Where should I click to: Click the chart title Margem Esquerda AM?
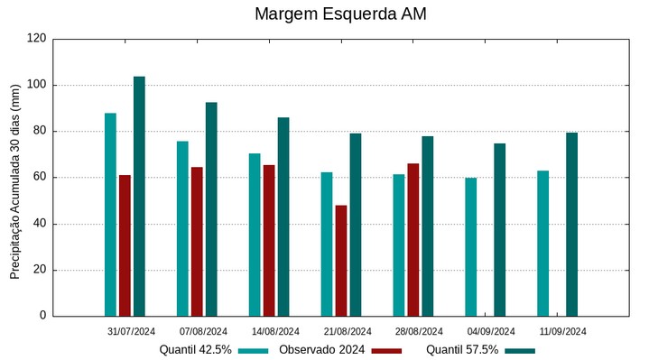340,14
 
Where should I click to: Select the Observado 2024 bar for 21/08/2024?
341,261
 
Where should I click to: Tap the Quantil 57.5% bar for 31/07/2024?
139,197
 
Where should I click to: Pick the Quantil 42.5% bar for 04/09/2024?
471,247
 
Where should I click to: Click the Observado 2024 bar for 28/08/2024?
413,240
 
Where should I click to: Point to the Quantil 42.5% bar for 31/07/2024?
110,215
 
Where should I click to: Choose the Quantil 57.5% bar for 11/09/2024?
572,225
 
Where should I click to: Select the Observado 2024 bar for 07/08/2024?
197,242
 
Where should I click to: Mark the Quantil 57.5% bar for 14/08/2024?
283,217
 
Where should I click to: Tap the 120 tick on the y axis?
37,39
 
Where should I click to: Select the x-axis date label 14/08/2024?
275,331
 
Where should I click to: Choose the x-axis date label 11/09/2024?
563,331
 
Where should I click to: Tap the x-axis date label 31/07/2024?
132,331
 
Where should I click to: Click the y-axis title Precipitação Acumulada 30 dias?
14,180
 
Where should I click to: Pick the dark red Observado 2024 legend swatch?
386,350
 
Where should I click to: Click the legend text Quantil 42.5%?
196,349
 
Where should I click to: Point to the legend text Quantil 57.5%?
462,349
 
